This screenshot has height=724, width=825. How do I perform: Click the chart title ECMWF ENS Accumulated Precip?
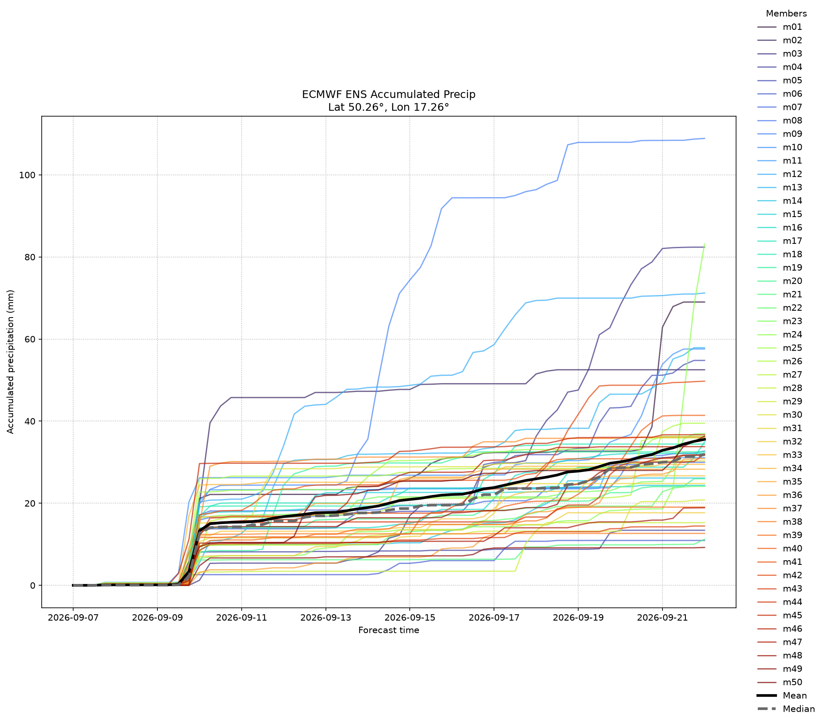(388, 94)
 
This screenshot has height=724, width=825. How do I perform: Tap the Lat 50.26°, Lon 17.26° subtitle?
(388, 107)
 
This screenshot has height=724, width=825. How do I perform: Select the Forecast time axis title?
(388, 630)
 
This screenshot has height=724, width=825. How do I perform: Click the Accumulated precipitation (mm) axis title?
(11, 362)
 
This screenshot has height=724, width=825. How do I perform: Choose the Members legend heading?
(786, 14)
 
